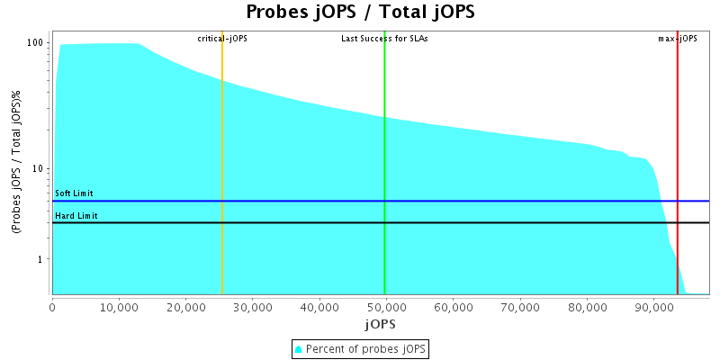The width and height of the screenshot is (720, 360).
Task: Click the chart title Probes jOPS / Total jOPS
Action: tap(360, 13)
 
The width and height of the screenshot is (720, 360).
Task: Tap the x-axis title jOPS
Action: tap(380, 323)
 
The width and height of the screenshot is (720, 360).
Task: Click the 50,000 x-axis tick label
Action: tap(386, 306)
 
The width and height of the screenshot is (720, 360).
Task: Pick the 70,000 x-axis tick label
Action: tap(519, 306)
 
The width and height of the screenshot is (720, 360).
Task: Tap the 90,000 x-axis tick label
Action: tap(653, 306)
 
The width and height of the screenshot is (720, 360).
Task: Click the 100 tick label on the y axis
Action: tap(36, 43)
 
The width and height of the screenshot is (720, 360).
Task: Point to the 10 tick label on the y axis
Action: tap(39, 169)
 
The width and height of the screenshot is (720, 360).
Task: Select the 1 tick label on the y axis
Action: tap(41, 259)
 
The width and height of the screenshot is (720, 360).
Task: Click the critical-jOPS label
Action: tap(222, 39)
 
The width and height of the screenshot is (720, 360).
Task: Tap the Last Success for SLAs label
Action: tap(384, 39)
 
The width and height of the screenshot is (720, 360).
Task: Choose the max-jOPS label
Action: tap(678, 39)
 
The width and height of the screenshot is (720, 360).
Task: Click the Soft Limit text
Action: tap(75, 193)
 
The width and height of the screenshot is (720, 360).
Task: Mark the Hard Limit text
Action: tap(76, 216)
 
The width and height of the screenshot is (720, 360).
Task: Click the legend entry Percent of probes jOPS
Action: tap(360, 348)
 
